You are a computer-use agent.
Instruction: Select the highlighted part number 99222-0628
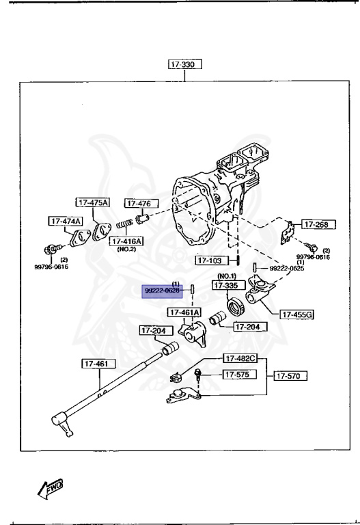point(162,291)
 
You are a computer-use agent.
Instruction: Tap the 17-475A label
point(93,202)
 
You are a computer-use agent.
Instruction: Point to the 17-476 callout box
point(141,203)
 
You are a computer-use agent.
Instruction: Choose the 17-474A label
point(65,221)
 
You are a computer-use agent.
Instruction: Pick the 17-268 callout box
point(316,224)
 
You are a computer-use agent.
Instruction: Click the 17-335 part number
point(226,286)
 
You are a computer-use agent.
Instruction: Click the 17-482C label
point(241,358)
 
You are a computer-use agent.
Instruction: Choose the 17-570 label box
point(290,375)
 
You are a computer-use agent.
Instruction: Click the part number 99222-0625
point(286,268)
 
